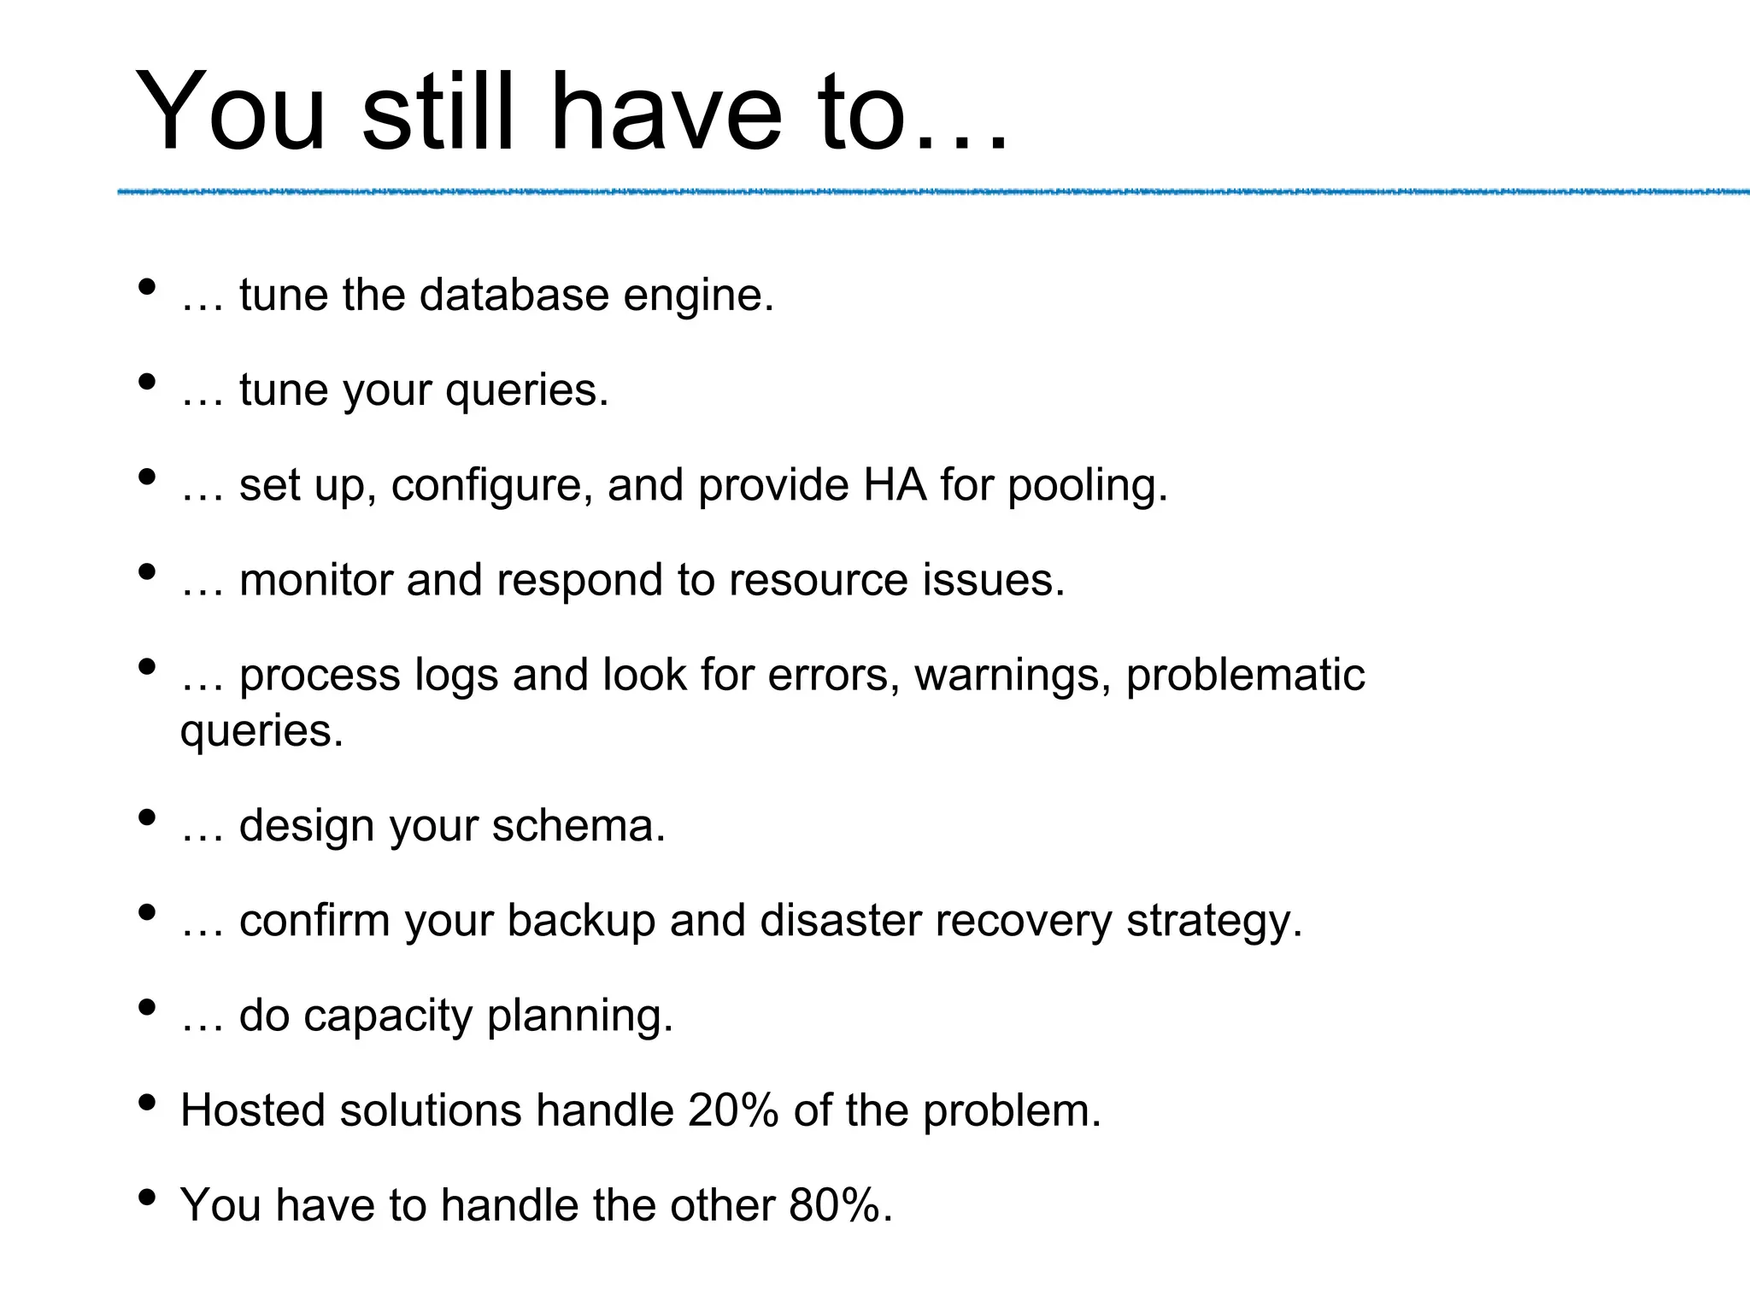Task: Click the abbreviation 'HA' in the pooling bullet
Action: tap(895, 484)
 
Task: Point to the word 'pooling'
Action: tap(1086, 486)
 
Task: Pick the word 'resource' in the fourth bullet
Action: tap(817, 580)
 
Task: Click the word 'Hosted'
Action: tap(252, 1110)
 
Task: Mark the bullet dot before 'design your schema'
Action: tap(147, 818)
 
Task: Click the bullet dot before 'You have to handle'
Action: tap(147, 1198)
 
